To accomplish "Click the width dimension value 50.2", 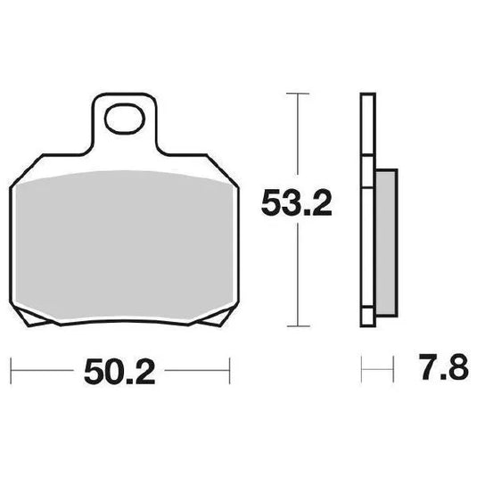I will coord(119,369).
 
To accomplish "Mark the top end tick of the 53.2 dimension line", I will coord(297,92).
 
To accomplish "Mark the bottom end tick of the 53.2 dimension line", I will coord(297,323).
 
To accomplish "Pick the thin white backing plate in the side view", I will coord(366,205).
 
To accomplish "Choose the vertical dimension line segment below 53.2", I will coord(297,276).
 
